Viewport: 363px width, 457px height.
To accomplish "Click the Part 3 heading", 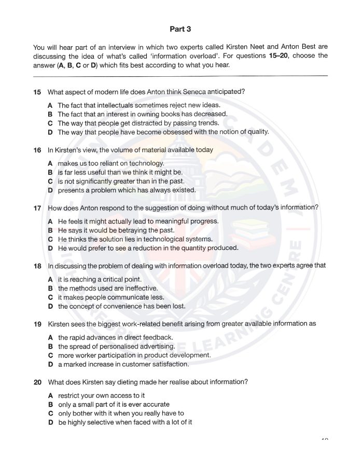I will coord(180,29).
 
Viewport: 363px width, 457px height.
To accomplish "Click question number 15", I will coord(37,92).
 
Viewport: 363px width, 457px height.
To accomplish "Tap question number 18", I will coord(37,266).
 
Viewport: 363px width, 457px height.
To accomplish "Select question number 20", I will coord(37,382).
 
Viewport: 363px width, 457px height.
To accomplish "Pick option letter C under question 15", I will coord(50,123).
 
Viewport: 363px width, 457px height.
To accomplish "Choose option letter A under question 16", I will coord(50,163).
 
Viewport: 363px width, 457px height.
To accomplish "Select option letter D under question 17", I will coord(50,248).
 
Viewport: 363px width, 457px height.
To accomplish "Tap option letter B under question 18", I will coord(50,288).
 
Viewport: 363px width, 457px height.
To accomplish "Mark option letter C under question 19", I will coord(50,355).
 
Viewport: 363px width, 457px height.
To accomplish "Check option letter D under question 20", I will coord(50,422).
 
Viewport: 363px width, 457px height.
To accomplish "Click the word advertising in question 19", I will coord(156,346).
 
